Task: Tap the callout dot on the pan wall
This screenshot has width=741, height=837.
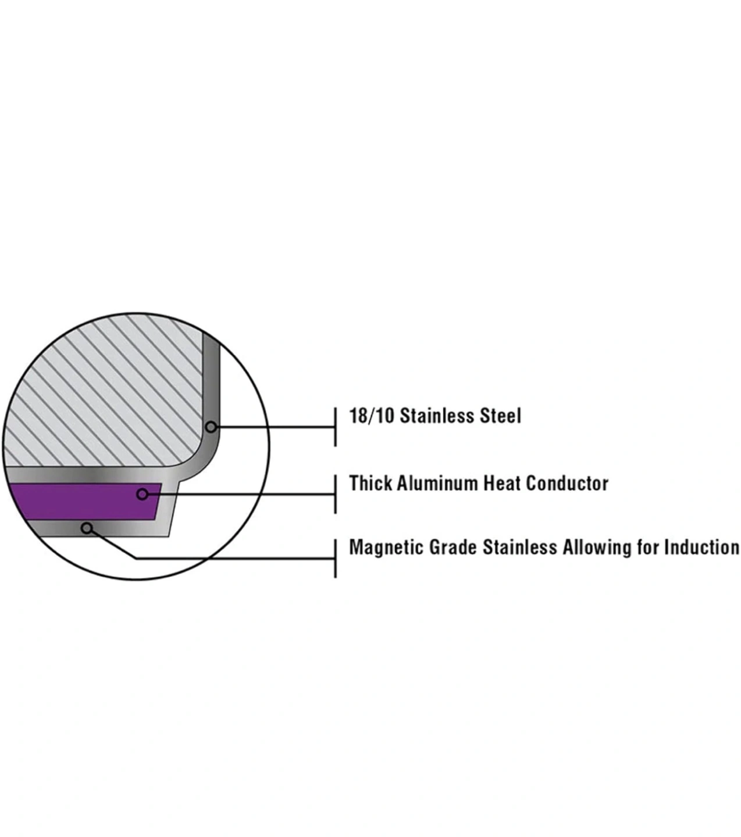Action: pos(211,427)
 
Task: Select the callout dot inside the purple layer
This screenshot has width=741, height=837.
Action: pos(142,494)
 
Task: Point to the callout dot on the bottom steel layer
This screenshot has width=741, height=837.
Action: pos(87,528)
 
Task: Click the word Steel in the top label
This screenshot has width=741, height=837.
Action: pos(500,416)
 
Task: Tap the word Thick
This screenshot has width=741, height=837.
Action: pos(370,484)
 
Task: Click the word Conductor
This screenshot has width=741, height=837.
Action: pos(567,484)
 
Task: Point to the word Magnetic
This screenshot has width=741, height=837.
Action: pos(386,548)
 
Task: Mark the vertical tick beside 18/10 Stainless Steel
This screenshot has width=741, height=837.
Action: pos(336,427)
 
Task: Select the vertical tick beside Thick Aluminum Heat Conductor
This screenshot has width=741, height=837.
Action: pos(336,494)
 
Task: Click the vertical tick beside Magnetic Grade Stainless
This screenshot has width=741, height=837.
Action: pos(336,558)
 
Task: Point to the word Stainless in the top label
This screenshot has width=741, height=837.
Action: pos(436,416)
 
